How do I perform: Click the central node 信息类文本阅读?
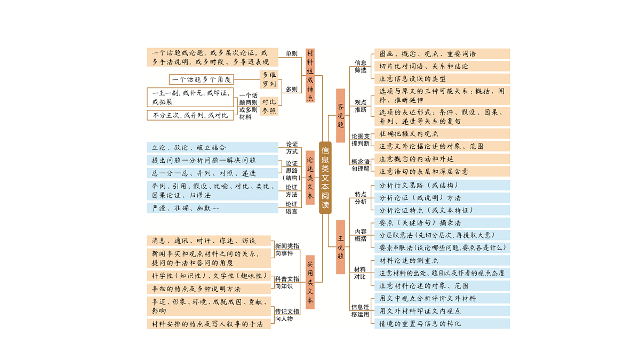325,178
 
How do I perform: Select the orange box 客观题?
340,115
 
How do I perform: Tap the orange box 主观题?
340,247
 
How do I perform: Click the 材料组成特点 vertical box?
310,75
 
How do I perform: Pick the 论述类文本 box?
310,178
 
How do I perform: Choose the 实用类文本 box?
310,282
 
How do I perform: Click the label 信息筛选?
361,66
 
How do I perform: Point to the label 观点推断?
361,106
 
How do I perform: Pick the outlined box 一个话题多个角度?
202,79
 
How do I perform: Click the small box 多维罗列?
269,79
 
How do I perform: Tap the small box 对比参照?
269,106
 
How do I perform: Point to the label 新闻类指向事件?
287,250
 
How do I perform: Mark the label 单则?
291,53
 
